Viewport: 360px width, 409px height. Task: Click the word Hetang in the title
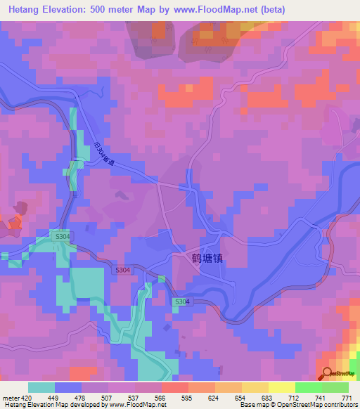[29, 9]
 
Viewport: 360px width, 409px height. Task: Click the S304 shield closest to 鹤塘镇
[181, 301]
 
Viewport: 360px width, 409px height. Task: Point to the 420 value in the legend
[25, 397]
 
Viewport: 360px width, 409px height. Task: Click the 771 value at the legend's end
[347, 397]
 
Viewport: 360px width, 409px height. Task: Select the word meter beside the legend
[9, 397]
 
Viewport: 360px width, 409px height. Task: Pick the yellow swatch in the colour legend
[281, 387]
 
